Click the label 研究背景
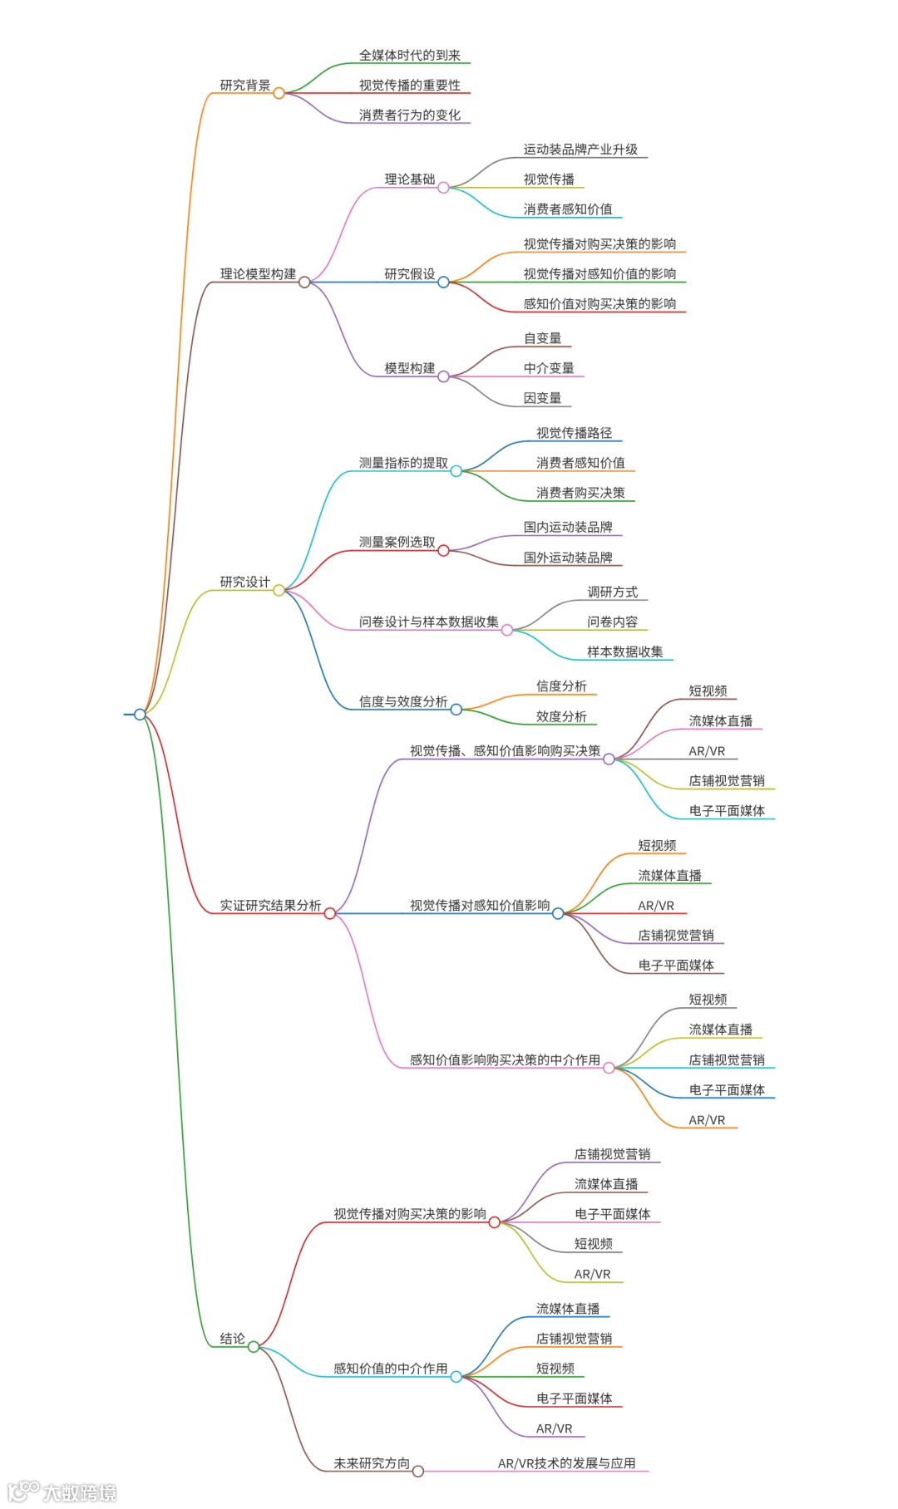244,86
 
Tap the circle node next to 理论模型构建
304,283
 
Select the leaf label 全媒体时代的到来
409,56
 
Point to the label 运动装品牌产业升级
580,150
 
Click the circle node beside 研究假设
443,283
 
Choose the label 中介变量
549,368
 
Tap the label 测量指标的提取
403,463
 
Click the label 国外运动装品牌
568,558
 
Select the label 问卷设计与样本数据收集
428,622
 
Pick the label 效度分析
561,716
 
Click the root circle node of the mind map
140,715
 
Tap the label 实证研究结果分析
270,906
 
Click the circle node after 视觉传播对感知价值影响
558,914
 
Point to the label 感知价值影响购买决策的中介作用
505,1060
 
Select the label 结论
232,1339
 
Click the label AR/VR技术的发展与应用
566,1463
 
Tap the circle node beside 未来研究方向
418,1472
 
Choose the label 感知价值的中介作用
390,1369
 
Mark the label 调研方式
612,592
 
